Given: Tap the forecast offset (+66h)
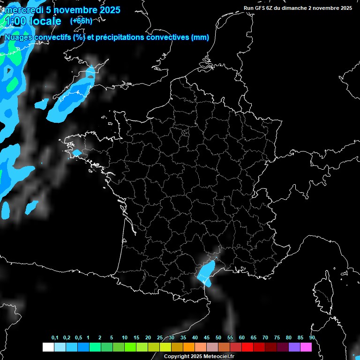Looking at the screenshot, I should coord(81,21).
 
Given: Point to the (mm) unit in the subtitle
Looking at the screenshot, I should coord(200,37).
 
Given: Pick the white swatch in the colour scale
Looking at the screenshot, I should coord(48,347).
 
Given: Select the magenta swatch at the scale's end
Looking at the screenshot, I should coord(306,347).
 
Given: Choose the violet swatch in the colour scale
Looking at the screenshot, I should coord(294,347).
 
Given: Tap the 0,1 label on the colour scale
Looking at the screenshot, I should coord(55,338).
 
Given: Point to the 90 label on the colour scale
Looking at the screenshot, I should coord(312,338).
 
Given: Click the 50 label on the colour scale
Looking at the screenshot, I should coord(218,338).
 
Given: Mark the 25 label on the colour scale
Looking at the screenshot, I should coord(160,338).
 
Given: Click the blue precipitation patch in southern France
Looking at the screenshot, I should coord(206,274).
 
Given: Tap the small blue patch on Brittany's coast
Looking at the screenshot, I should coord(76,153).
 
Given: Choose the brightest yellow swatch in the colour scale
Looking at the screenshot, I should coord(165,347).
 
